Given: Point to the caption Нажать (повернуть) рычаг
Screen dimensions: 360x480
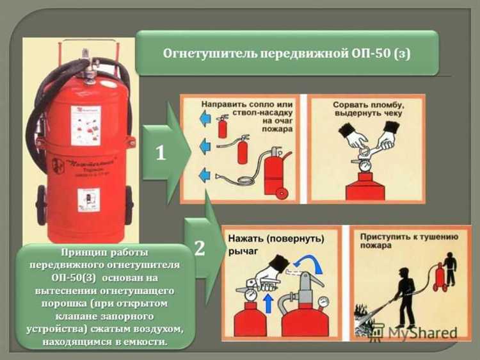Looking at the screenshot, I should click(276, 245).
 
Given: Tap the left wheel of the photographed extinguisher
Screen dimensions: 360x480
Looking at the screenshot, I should click(41, 206).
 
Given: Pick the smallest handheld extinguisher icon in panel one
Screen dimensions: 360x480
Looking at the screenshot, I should click(223, 126).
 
